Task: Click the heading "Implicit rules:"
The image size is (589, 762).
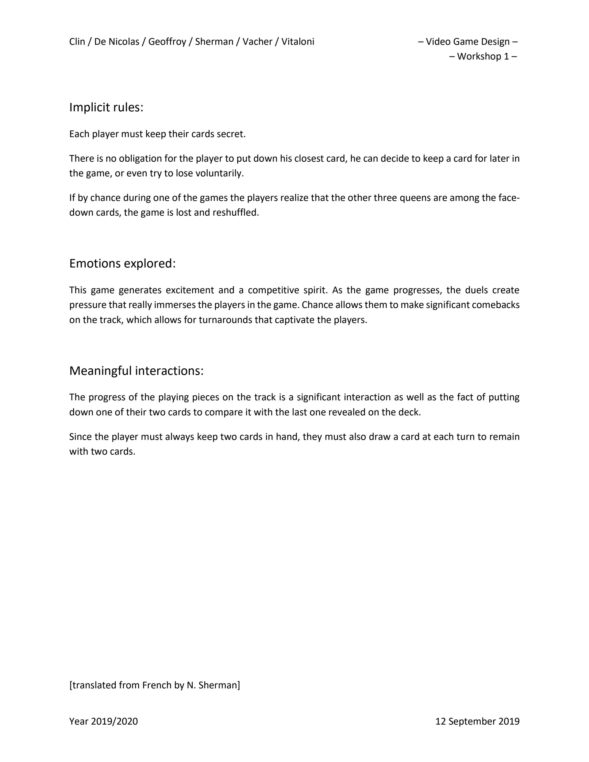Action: click(106, 107)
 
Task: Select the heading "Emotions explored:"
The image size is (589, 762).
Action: click(122, 264)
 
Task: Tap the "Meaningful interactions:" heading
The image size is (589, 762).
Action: click(136, 371)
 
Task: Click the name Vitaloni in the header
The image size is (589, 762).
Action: click(298, 42)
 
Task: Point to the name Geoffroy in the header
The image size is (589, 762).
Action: click(167, 42)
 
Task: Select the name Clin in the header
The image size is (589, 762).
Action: click(77, 42)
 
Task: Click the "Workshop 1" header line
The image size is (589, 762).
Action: click(483, 56)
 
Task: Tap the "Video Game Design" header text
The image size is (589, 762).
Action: click(468, 42)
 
